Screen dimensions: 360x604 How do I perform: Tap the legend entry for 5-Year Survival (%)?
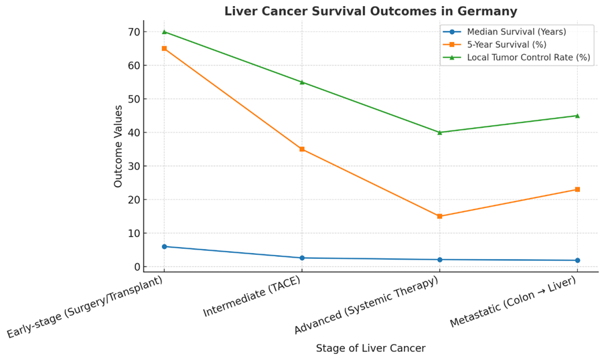pyautogui.click(x=506, y=45)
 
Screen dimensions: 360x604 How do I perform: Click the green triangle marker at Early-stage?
pyautogui.click(x=164, y=31)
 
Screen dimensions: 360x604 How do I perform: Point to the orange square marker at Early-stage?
pyautogui.click(x=164, y=48)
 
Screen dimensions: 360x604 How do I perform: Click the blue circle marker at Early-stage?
pyautogui.click(x=164, y=246)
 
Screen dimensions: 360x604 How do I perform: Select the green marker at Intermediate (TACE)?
pyautogui.click(x=302, y=82)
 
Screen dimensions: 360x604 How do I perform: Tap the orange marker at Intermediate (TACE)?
pyautogui.click(x=302, y=149)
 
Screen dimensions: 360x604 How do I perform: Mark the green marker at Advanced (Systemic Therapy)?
pyautogui.click(x=439, y=132)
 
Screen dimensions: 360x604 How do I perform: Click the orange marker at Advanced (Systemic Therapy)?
pyautogui.click(x=439, y=216)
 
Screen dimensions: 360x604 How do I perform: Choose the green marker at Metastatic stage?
pyautogui.click(x=577, y=116)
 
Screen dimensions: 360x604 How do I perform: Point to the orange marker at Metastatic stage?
pyautogui.click(x=577, y=189)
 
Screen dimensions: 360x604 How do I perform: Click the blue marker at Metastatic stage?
pyautogui.click(x=577, y=260)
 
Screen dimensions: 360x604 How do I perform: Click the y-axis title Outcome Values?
pyautogui.click(x=119, y=146)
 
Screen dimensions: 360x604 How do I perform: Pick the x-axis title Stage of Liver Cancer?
pyautogui.click(x=370, y=348)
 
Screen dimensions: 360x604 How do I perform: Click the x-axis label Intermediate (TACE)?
pyautogui.click(x=252, y=297)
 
